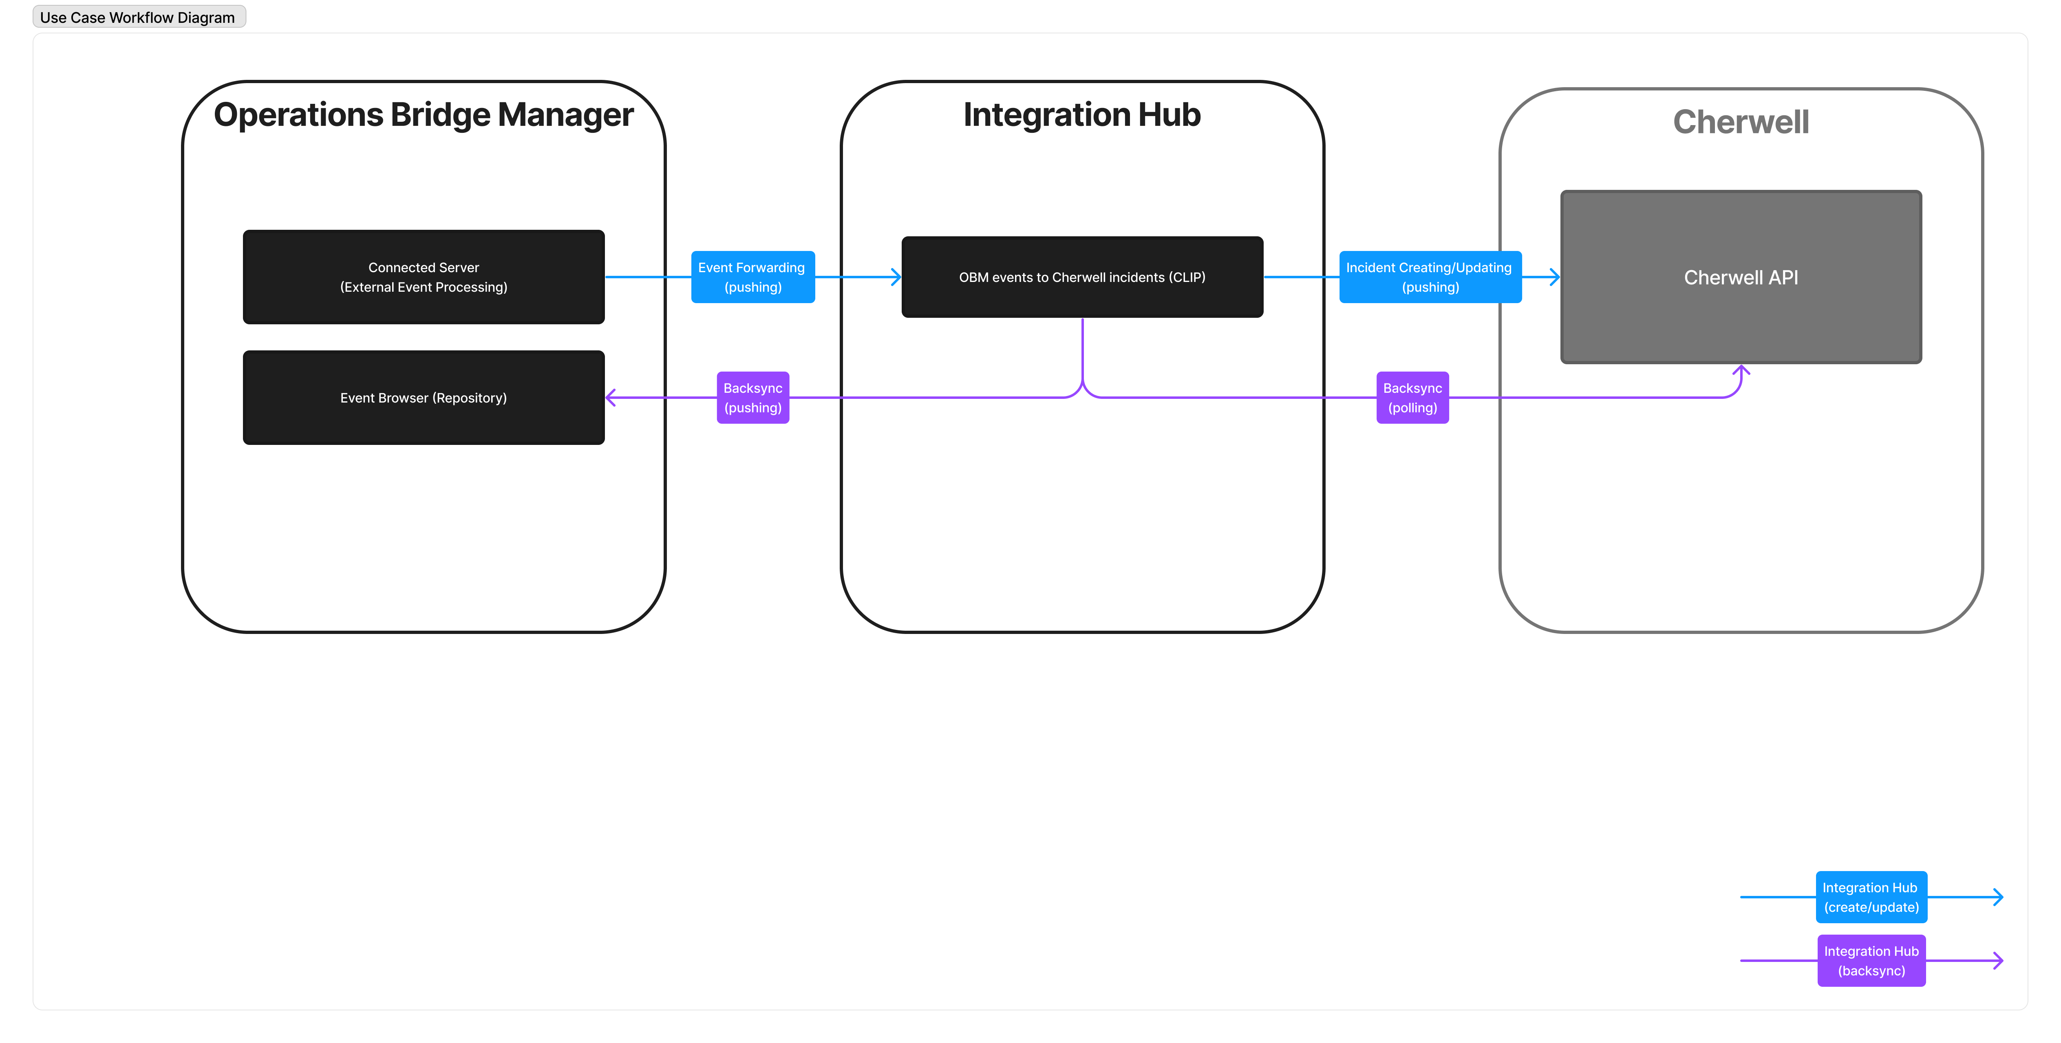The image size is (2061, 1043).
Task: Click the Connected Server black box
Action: click(423, 277)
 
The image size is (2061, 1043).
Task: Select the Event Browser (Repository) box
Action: click(423, 398)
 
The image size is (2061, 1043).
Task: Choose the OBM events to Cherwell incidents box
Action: click(1082, 277)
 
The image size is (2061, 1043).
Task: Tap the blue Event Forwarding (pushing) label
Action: click(752, 277)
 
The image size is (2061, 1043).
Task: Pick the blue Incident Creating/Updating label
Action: click(1430, 277)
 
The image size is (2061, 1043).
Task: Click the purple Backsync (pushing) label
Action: click(752, 398)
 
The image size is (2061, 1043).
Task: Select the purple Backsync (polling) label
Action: click(1412, 398)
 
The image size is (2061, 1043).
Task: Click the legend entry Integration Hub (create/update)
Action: click(1871, 897)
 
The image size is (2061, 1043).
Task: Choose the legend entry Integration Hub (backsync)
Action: click(1871, 961)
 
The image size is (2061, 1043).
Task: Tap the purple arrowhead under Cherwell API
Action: click(1741, 370)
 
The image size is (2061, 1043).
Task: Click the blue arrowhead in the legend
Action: click(1998, 897)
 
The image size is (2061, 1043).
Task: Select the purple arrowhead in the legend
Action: click(1998, 961)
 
